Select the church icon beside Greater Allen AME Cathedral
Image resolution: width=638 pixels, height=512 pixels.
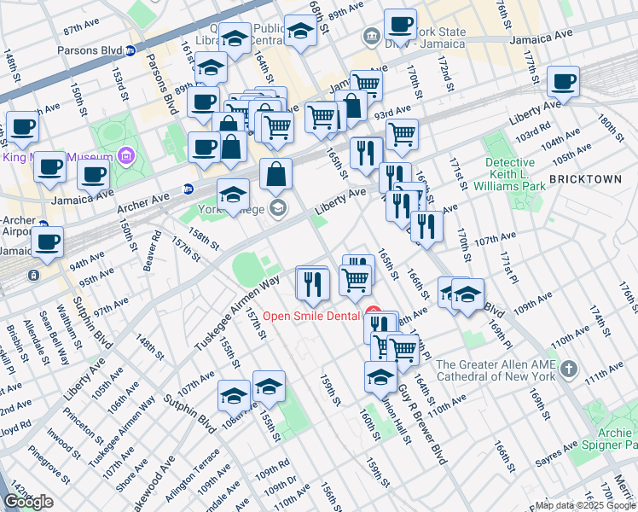[x=569, y=371]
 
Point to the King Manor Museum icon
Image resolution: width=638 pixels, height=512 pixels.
[x=126, y=157]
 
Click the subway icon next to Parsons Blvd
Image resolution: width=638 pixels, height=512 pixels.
[x=131, y=50]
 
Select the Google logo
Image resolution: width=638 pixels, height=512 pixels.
[x=28, y=502]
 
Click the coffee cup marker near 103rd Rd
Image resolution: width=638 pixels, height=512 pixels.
[x=562, y=82]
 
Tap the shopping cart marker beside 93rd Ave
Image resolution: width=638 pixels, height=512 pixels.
[x=402, y=133]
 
